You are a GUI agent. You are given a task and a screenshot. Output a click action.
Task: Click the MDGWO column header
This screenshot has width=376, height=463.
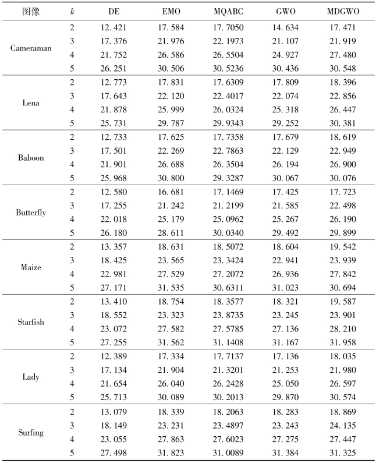pyautogui.click(x=343, y=11)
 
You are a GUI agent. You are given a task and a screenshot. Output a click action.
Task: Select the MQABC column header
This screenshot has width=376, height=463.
pyautogui.click(x=224, y=11)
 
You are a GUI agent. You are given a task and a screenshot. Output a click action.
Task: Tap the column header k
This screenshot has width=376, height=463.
pyautogui.click(x=72, y=11)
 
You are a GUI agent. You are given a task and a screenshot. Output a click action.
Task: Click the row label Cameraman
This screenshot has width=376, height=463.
pyautogui.click(x=31, y=48)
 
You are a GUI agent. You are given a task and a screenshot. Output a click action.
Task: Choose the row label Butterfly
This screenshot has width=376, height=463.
pyautogui.click(x=31, y=213)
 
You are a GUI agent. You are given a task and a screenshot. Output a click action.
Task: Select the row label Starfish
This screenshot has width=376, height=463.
pyautogui.click(x=31, y=322)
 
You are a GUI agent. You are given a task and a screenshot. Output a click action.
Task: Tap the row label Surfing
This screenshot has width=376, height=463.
pyautogui.click(x=31, y=432)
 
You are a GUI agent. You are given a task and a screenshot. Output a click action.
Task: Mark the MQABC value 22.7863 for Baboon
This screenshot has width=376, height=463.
pyautogui.click(x=224, y=151)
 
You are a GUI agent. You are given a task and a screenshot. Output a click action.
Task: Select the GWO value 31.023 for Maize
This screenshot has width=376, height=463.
pyautogui.click(x=285, y=288)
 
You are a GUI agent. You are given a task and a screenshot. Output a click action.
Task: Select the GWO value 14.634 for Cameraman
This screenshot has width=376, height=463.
pyautogui.click(x=285, y=27)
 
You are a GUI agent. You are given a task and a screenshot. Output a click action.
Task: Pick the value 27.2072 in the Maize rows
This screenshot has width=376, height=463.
pyautogui.click(x=224, y=274)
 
